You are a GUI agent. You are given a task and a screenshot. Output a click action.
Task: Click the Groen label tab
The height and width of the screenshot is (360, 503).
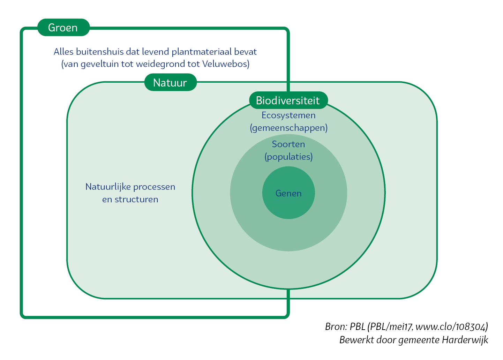(x=63, y=28)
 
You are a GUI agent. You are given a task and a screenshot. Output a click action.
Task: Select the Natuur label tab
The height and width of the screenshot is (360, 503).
(x=170, y=83)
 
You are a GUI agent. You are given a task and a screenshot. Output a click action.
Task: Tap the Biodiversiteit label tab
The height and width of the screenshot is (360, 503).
(x=288, y=100)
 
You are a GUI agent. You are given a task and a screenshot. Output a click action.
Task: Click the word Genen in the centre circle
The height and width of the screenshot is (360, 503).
(x=288, y=193)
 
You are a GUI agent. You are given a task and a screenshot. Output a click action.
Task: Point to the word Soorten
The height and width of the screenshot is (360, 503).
(x=288, y=144)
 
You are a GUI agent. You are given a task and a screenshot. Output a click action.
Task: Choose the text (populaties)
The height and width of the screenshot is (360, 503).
(x=288, y=157)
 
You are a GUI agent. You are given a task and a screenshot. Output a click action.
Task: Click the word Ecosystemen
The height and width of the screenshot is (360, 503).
(x=288, y=115)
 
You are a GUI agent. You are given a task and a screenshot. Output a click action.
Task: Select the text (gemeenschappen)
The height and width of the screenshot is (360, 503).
(x=288, y=128)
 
